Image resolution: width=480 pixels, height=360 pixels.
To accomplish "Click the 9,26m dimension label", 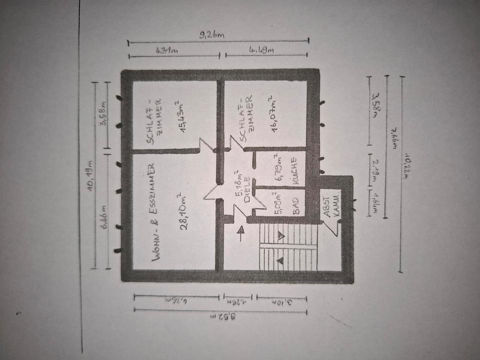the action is (x=212, y=35).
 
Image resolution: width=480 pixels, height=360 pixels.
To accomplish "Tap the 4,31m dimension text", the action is (x=168, y=50).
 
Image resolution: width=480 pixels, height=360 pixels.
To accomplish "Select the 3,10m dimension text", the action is (x=281, y=302).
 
